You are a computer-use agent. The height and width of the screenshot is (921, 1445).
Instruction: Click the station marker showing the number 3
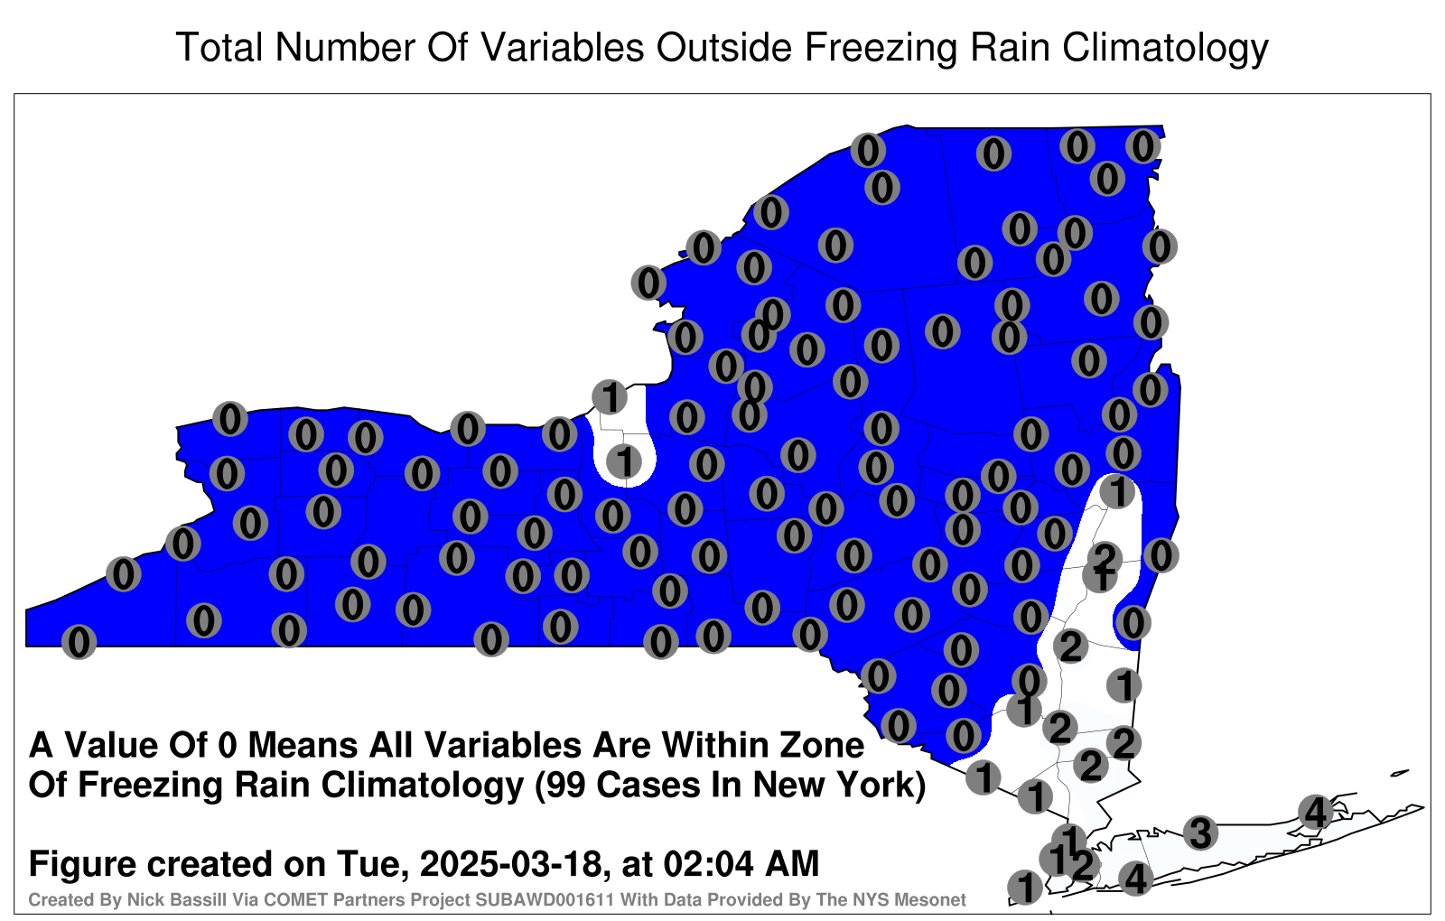click(x=1200, y=833)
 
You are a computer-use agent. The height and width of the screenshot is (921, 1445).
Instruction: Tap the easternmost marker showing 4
click(x=1315, y=812)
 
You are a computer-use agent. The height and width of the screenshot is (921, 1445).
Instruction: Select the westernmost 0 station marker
click(x=79, y=642)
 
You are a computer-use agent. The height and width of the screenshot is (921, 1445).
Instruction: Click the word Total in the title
click(x=219, y=48)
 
